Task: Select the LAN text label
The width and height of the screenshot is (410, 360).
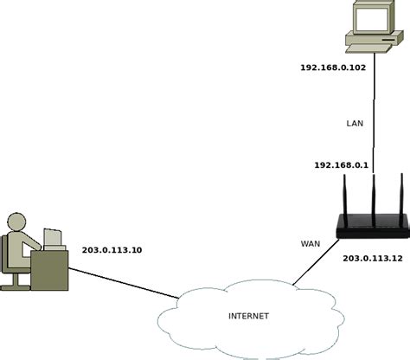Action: pyautogui.click(x=356, y=124)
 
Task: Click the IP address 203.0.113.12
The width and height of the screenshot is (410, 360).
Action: pyautogui.click(x=373, y=259)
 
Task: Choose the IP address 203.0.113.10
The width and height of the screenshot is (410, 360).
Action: pyautogui.click(x=112, y=250)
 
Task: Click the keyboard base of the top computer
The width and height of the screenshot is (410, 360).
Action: pyautogui.click(x=375, y=41)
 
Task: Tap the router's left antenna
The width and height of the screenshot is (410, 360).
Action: pyautogui.click(x=343, y=199)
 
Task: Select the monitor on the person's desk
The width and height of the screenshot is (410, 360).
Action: pyautogui.click(x=54, y=238)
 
